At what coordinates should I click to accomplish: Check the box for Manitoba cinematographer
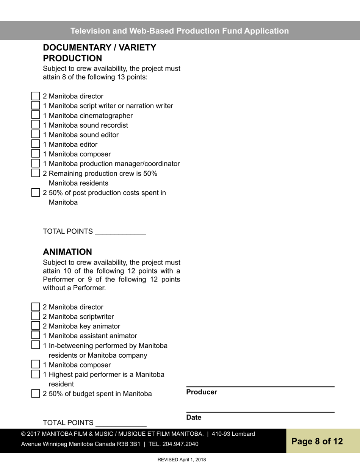[35, 115]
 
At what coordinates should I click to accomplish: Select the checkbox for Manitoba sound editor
[35, 134]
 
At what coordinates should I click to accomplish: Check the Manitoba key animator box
[35, 325]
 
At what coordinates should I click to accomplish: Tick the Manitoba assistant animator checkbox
[35, 335]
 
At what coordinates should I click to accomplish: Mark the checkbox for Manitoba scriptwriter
[35, 316]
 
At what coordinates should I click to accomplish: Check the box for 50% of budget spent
[35, 393]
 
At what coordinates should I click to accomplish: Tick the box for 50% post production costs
[35, 192]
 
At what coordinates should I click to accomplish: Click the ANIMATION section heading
[67, 252]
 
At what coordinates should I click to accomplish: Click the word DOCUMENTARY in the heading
[76, 48]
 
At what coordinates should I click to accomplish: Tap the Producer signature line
[260, 386]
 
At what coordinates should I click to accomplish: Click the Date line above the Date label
[260, 411]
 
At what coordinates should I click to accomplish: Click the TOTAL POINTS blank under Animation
[121, 423]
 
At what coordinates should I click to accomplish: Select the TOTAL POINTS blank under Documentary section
[121, 232]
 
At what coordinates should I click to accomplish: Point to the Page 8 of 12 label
[317, 441]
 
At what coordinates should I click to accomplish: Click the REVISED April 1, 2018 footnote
[182, 460]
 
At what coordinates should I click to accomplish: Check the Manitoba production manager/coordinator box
[35, 163]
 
